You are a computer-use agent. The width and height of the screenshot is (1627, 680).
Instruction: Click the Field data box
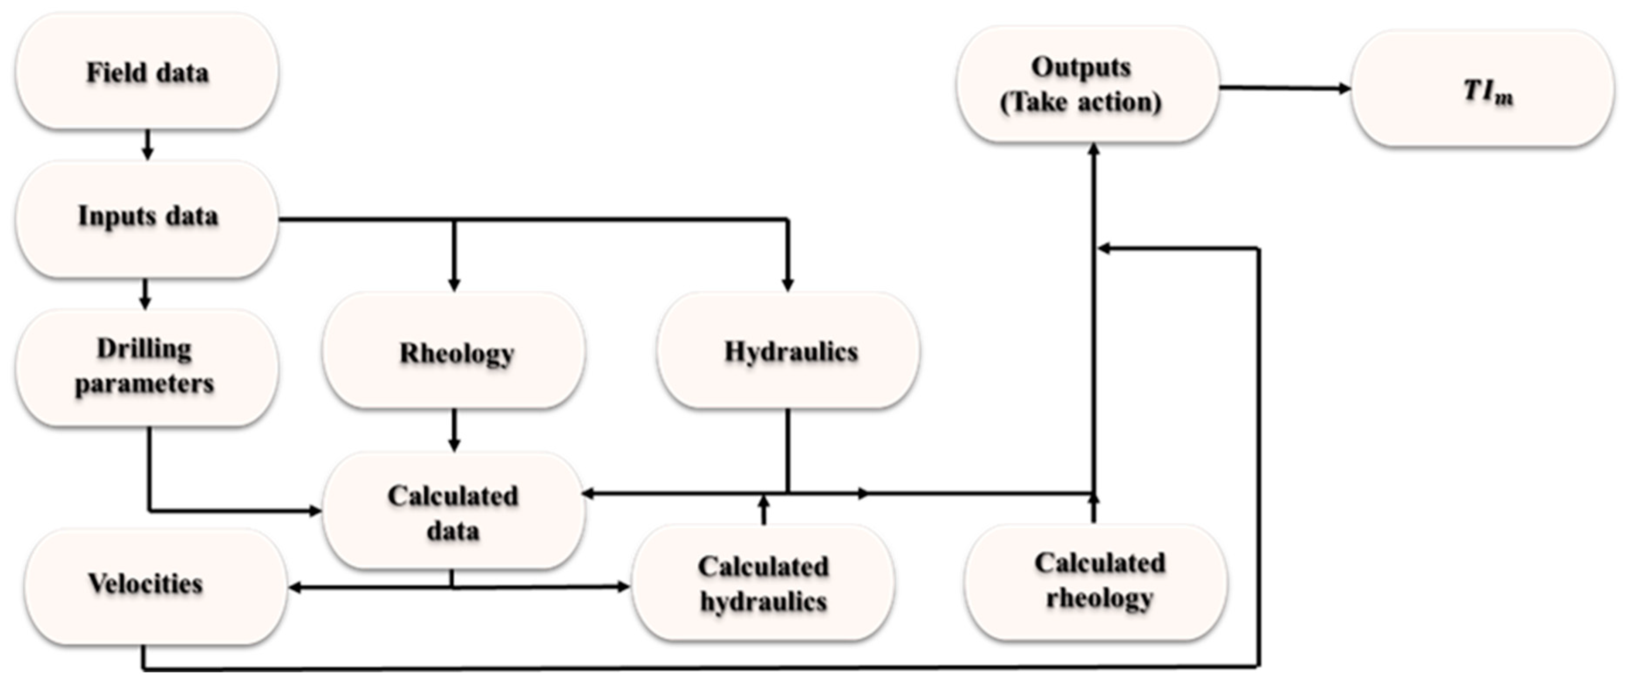coord(147,72)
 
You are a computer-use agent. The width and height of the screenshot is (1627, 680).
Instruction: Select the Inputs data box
coord(147,217)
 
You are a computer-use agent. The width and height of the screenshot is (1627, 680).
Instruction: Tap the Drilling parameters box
coord(145,367)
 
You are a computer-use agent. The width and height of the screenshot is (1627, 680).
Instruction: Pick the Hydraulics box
coord(788,351)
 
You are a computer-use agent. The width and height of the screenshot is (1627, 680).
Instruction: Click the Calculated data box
coord(454,512)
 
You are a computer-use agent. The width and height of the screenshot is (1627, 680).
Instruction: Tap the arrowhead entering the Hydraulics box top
coord(787,285)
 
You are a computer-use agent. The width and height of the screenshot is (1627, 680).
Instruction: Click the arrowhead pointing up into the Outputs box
coord(1094,149)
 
